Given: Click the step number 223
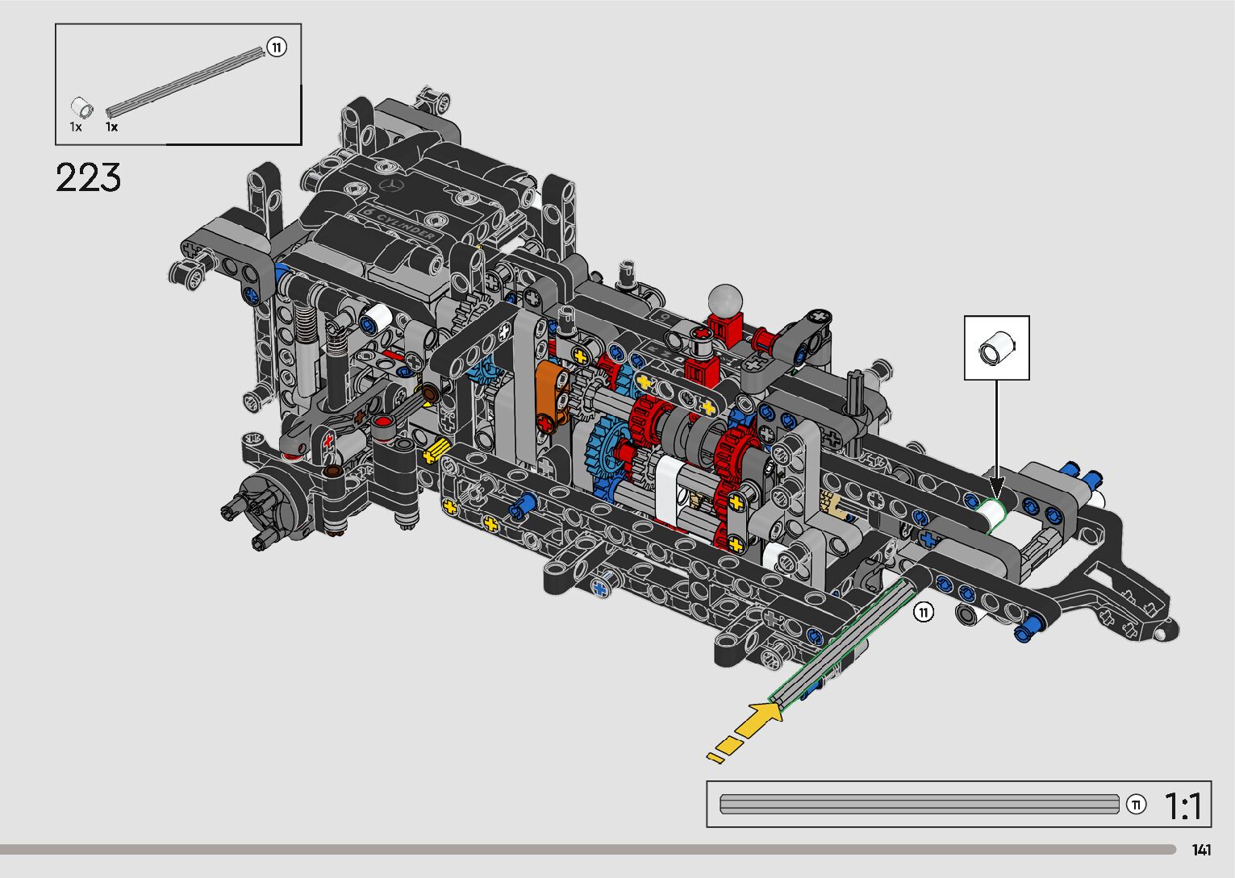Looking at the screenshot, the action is click(x=88, y=177).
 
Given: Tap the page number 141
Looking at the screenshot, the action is click(x=1201, y=850).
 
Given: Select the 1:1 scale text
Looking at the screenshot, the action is click(x=1183, y=805).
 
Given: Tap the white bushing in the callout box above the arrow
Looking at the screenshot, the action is click(x=997, y=348).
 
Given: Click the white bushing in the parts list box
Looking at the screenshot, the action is click(x=81, y=107).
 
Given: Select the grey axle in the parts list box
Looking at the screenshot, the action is click(x=186, y=82).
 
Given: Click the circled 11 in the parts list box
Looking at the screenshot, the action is click(x=277, y=48).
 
